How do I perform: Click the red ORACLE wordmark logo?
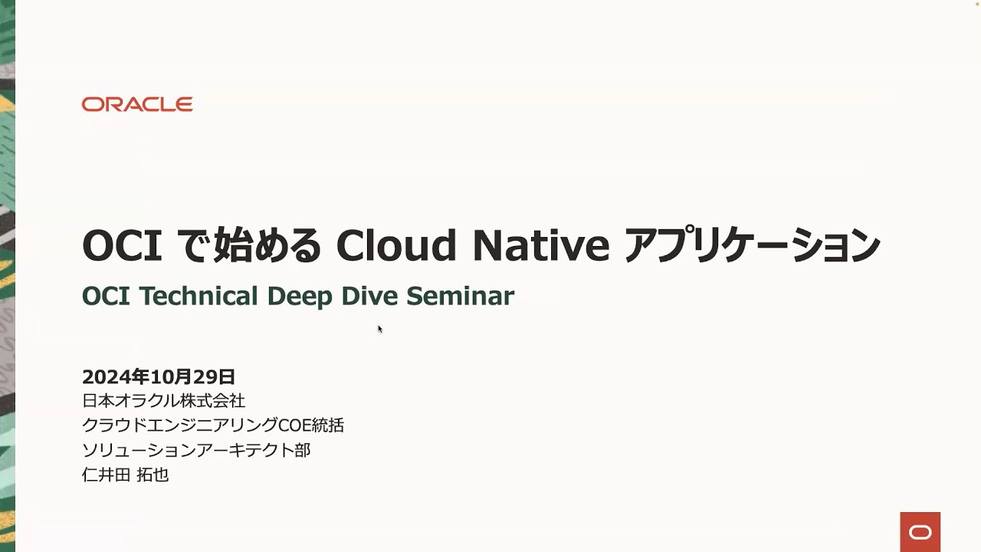[137, 104]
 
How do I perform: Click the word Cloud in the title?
[396, 245]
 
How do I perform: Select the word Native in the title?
[541, 245]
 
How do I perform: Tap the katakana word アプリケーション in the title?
[753, 245]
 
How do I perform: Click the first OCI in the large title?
[122, 245]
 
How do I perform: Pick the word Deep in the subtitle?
[300, 296]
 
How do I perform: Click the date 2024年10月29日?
[159, 376]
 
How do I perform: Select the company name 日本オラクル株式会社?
[163, 400]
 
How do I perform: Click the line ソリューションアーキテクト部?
[196, 450]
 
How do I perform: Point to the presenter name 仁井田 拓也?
[125, 475]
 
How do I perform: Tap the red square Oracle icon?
[920, 532]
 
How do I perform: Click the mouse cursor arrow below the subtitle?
[379, 329]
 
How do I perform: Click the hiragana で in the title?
[192, 245]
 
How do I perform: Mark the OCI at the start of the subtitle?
[107, 296]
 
